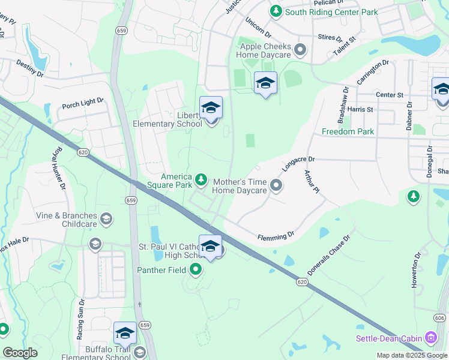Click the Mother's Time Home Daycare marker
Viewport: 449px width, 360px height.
click(276, 185)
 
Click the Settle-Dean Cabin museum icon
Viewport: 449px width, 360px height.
click(430, 338)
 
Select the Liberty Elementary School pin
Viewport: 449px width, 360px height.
click(211, 109)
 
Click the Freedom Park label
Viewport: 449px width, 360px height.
click(348, 131)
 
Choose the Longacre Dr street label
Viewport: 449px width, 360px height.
click(298, 164)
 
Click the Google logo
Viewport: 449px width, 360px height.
click(20, 353)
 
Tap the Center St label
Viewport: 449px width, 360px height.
click(390, 95)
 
